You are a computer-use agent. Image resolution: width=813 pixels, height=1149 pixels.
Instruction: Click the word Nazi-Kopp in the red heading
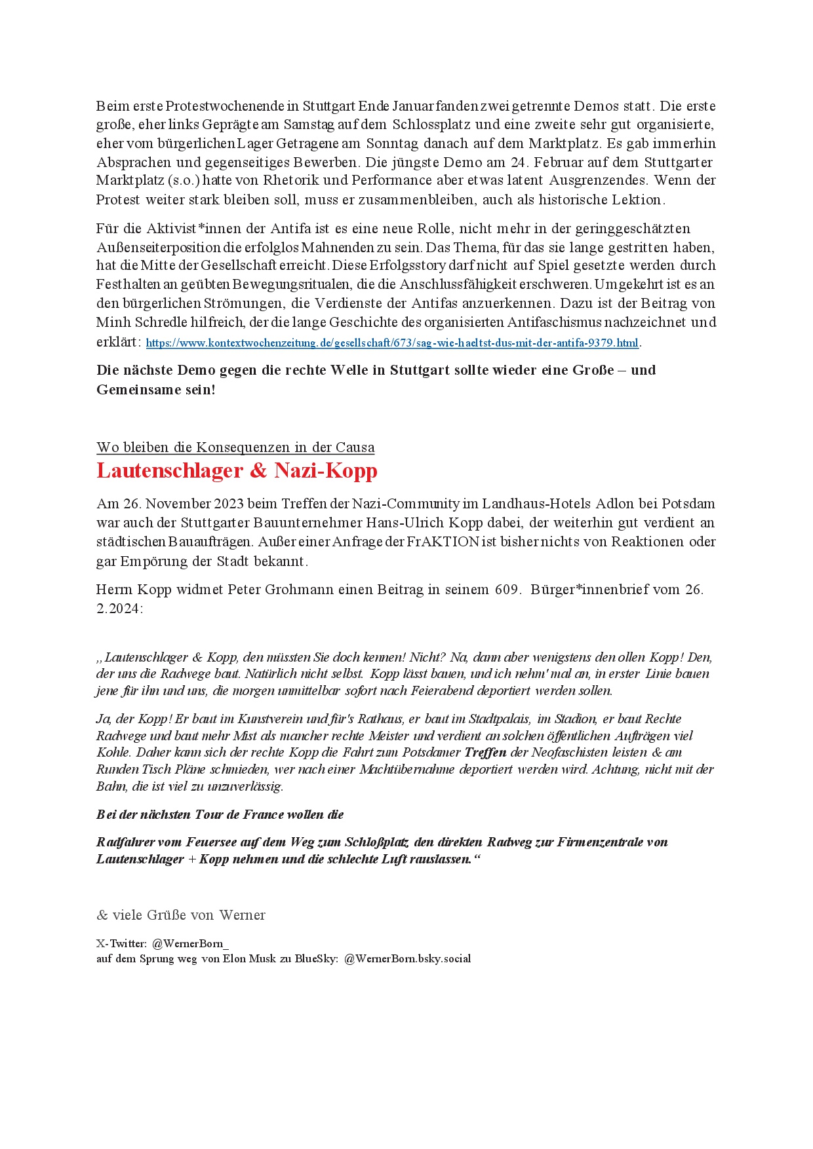[x=326, y=470]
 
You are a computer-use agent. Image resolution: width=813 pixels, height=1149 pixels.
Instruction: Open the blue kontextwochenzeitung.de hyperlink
[x=391, y=343]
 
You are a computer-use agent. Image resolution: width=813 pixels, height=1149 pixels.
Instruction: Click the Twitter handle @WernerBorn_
[x=190, y=943]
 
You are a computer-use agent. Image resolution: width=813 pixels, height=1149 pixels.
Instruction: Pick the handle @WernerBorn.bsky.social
[x=407, y=958]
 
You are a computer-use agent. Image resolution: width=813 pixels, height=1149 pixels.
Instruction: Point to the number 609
[x=507, y=589]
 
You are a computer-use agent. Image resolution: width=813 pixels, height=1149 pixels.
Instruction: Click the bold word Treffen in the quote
[x=485, y=752]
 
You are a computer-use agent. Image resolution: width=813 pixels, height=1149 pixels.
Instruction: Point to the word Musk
[x=262, y=958]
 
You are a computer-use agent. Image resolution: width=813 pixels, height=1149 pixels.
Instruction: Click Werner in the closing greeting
[x=243, y=914]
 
